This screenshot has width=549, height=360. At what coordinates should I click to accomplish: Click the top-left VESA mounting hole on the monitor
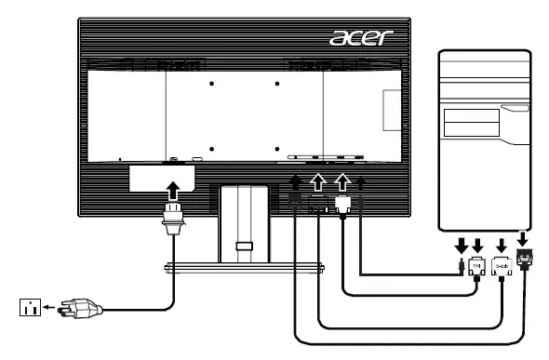coord(211,83)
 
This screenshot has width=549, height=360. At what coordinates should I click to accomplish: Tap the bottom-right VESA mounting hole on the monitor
coord(279,149)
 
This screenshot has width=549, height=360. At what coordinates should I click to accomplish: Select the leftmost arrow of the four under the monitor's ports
coord(295,181)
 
